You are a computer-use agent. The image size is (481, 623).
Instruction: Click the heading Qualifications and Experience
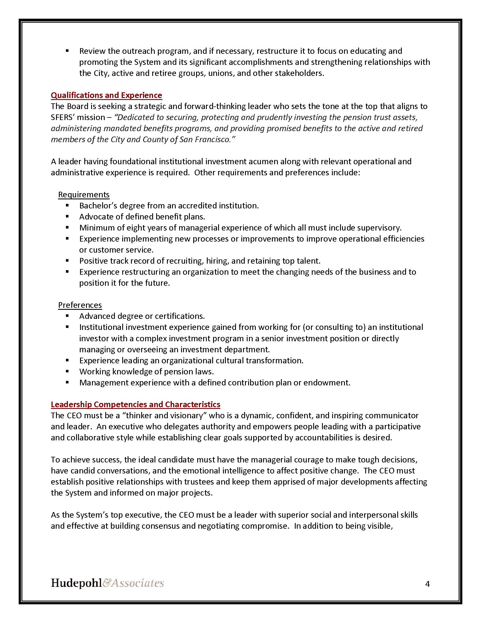pyautogui.click(x=106, y=95)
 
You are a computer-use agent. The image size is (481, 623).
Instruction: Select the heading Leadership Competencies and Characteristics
pyautogui.click(x=135, y=404)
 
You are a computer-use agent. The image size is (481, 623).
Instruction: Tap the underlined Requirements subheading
pyautogui.click(x=83, y=195)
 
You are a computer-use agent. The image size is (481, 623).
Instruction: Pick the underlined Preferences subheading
pyautogui.click(x=80, y=305)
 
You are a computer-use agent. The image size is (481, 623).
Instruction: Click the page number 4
pyautogui.click(x=427, y=584)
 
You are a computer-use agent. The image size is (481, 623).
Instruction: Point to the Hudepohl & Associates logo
pyautogui.click(x=108, y=583)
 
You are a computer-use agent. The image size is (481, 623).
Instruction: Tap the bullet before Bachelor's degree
pyautogui.click(x=67, y=205)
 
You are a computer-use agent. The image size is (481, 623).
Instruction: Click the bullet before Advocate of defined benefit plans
pyautogui.click(x=67, y=217)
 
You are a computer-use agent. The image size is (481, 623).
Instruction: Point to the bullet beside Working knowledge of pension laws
pyautogui.click(x=67, y=372)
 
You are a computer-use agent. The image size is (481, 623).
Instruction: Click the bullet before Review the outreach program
pyautogui.click(x=67, y=51)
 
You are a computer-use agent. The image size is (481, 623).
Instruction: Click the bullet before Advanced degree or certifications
pyautogui.click(x=67, y=316)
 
